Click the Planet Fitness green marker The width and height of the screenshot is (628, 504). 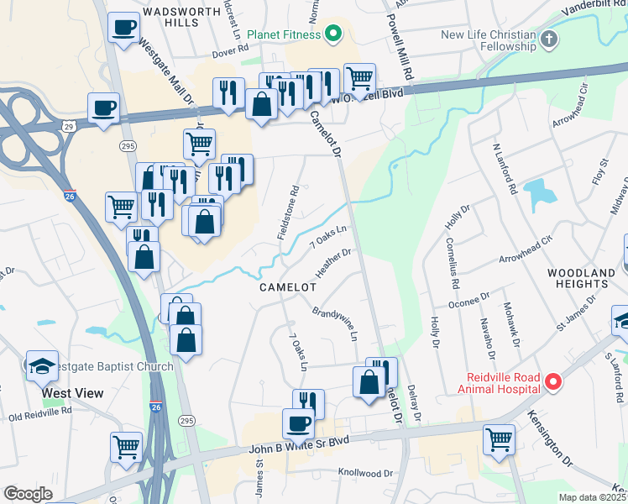point(333,34)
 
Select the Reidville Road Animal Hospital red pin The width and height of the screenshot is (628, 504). point(553,382)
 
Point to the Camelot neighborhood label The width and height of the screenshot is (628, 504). point(287,287)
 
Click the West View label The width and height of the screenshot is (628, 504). point(74,393)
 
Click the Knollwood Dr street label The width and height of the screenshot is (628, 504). point(365,474)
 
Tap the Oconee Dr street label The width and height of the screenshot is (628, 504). point(469,302)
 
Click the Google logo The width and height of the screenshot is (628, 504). point(28,494)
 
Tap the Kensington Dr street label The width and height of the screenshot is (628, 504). point(551,438)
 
